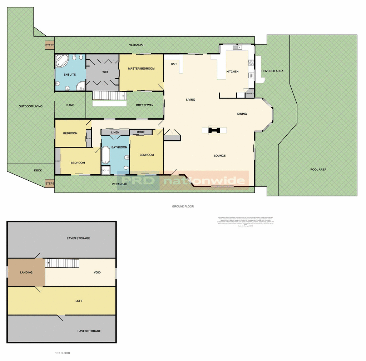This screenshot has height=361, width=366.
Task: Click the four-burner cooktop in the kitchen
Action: tap(251, 63)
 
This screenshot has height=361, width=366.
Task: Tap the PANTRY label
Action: tap(249, 94)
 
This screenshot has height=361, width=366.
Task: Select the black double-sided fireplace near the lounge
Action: tap(214, 130)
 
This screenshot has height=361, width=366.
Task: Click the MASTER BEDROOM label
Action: tap(142, 69)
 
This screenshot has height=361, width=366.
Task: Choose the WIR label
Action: tap(105, 72)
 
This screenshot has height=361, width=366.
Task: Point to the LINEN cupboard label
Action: tap(115, 132)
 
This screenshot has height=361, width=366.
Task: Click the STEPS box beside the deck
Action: tap(50, 184)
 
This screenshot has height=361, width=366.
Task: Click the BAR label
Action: tap(174, 64)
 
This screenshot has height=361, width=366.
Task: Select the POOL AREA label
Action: tap(318, 170)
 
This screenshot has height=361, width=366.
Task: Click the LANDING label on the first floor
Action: tap(26, 272)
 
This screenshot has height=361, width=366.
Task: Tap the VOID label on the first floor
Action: tap(97, 272)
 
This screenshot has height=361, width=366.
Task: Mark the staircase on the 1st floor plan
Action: tap(61, 264)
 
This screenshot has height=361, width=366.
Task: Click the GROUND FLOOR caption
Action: tap(183, 206)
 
